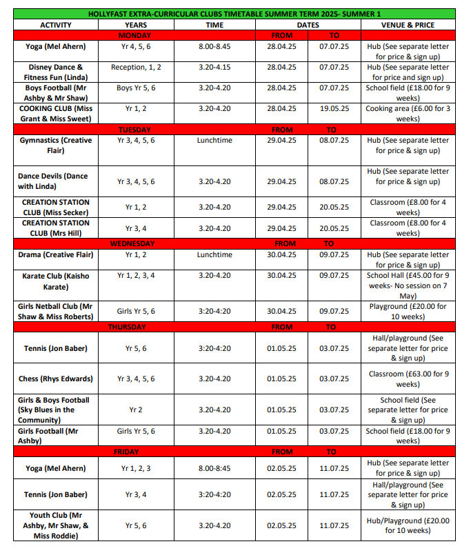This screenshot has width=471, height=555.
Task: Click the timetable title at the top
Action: tap(234, 14)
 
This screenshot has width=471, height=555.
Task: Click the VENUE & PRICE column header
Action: tap(408, 25)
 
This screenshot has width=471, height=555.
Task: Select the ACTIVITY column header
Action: tap(55, 25)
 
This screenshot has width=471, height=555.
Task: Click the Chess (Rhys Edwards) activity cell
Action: tap(55, 379)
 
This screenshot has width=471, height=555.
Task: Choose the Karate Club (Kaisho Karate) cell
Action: tap(55, 281)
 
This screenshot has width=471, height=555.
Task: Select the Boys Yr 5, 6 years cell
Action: tap(137, 88)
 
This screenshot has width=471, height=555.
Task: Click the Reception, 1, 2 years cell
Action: tap(137, 68)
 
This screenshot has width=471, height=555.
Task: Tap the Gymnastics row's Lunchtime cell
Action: tap(215, 140)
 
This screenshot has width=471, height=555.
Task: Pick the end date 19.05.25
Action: tap(334, 109)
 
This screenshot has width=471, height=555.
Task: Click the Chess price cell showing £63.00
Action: tap(408, 379)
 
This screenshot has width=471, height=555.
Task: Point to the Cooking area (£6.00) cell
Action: tap(408, 114)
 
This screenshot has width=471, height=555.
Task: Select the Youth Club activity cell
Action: tap(55, 525)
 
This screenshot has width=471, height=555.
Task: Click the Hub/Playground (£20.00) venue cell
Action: tap(408, 525)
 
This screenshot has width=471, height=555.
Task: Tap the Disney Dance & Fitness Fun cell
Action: tap(55, 72)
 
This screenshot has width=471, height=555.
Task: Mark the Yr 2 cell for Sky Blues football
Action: tap(137, 410)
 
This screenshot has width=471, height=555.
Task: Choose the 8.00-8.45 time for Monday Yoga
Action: tap(215, 47)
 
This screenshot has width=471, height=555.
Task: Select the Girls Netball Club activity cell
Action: tap(55, 311)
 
